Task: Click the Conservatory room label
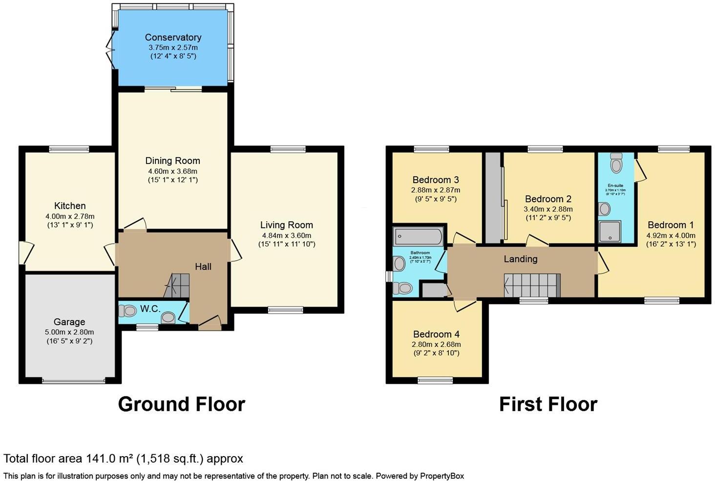click(x=173, y=37)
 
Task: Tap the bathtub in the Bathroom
click(x=418, y=236)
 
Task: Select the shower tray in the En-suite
click(x=610, y=231)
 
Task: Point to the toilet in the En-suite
click(x=616, y=163)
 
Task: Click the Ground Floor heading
click(x=181, y=404)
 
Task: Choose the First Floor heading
click(x=548, y=404)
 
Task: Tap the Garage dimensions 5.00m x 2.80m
click(x=69, y=332)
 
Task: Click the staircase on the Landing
click(x=531, y=285)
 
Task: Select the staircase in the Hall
click(x=177, y=285)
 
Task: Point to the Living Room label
click(x=286, y=225)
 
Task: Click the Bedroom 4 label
click(x=436, y=334)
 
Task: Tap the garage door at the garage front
click(x=73, y=380)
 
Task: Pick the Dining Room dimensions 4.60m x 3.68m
click(x=173, y=171)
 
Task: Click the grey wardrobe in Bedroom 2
click(x=493, y=197)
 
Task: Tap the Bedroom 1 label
click(x=671, y=225)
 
